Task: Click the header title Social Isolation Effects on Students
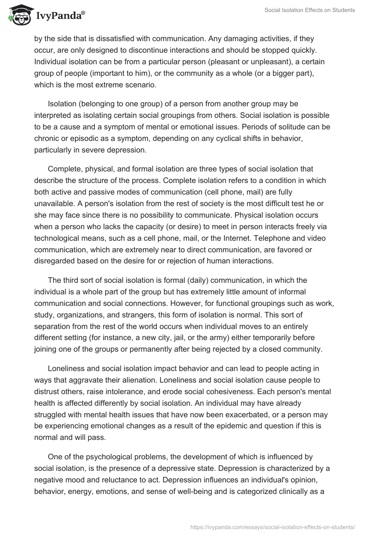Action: [309, 10]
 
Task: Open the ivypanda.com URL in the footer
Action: [273, 526]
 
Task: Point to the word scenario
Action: [141, 84]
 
